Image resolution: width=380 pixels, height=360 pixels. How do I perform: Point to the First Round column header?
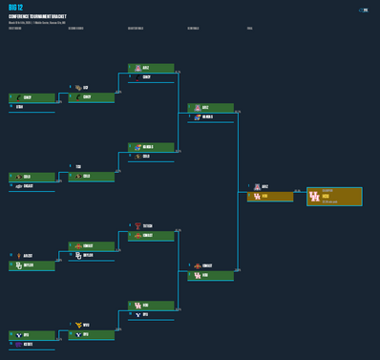coord(15,29)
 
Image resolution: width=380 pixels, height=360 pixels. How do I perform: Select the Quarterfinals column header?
coord(136,29)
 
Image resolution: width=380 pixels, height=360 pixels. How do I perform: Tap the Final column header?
coord(250,29)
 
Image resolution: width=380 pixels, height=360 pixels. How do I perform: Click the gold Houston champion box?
coord(334,197)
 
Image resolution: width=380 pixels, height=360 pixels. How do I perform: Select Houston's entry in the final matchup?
coord(269,197)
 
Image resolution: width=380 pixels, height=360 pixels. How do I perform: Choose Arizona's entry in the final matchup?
coord(269,187)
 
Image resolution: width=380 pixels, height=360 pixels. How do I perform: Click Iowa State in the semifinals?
coord(210,265)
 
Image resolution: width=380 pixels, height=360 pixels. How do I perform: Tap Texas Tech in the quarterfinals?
coord(151,226)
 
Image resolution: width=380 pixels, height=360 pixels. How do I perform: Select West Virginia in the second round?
coord(92,326)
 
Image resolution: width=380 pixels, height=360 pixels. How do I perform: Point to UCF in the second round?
coord(92,88)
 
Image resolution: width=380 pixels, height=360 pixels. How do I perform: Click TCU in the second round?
coord(92,167)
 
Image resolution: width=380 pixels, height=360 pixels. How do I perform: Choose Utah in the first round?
coord(32,107)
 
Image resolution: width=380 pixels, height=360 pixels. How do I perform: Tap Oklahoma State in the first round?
coord(32,186)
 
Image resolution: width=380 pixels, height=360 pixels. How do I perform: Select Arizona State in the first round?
coord(32,256)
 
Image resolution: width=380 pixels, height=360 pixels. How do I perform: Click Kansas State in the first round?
coord(32,345)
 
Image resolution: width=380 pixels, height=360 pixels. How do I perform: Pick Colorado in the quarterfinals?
coord(151,157)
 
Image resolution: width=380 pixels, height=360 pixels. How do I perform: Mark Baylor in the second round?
coord(92,256)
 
